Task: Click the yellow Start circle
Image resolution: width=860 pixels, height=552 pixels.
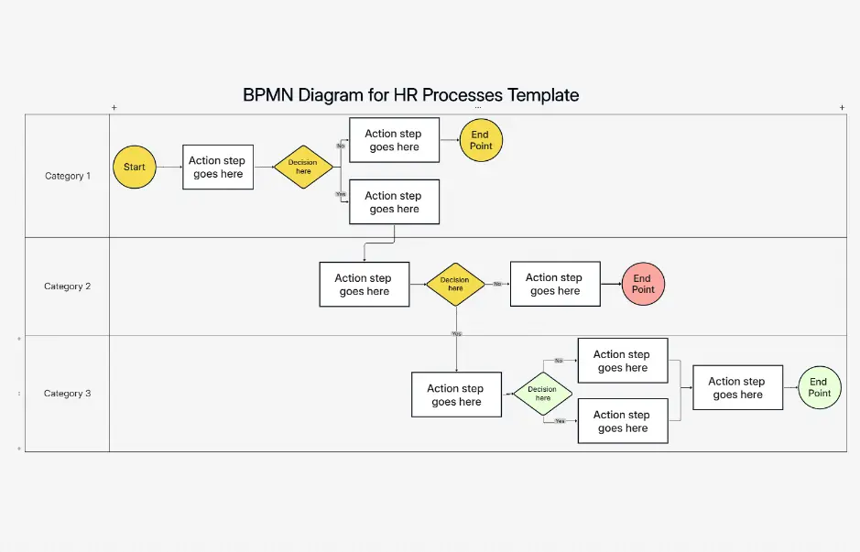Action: click(135, 167)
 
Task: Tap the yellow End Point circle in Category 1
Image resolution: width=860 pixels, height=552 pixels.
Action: click(481, 140)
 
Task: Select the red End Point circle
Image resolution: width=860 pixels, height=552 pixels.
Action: click(643, 284)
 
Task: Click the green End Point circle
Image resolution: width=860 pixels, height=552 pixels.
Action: click(819, 388)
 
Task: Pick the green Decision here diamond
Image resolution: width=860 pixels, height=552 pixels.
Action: click(542, 394)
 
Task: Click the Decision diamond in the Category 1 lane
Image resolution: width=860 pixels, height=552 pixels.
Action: click(303, 167)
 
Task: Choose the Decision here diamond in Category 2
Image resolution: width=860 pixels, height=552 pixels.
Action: click(455, 284)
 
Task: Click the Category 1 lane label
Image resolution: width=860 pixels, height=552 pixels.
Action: click(68, 176)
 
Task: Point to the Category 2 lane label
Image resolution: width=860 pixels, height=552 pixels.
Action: click(68, 287)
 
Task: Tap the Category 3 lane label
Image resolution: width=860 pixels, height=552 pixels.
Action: click(68, 394)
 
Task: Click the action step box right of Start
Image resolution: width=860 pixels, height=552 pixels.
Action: click(218, 167)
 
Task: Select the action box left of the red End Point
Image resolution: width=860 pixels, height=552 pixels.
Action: click(555, 284)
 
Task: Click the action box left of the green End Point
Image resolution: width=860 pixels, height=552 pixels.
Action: click(737, 387)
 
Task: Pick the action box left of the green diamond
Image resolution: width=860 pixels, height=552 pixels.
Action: click(456, 395)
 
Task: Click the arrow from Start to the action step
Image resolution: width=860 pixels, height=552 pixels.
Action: click(169, 168)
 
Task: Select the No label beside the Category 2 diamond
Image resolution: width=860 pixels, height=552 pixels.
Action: click(497, 284)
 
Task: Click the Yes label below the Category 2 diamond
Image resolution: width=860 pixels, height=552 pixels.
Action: click(456, 333)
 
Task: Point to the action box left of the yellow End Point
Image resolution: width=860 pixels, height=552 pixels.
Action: click(394, 140)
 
